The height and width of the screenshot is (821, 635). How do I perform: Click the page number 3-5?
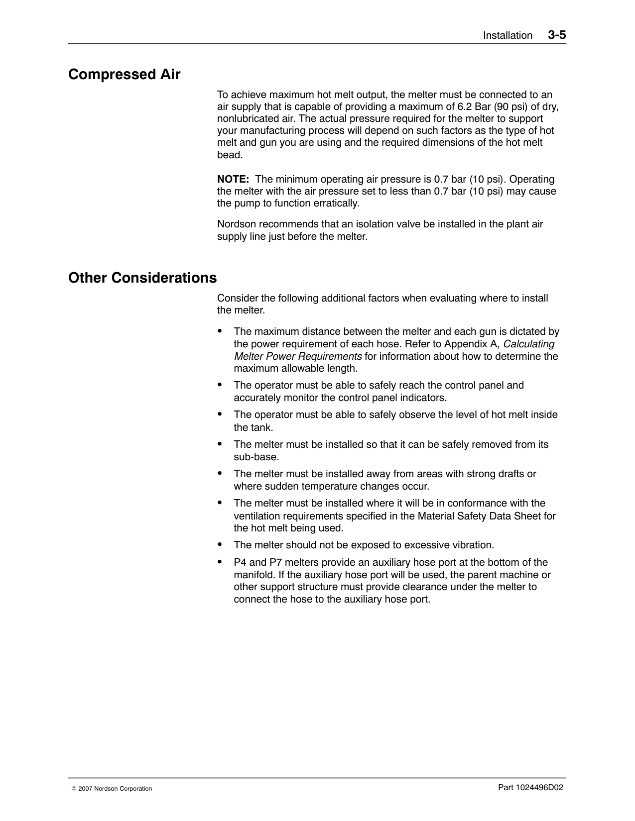coord(557,35)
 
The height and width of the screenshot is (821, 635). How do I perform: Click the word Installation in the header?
coord(508,35)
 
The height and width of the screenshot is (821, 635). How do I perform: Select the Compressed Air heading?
coord(124,75)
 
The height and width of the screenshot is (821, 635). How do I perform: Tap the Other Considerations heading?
coord(142,278)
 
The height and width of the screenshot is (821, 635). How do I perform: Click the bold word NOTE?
coord(233,179)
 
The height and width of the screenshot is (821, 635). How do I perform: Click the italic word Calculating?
coord(529,344)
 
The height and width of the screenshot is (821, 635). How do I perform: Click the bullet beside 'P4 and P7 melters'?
coord(220,561)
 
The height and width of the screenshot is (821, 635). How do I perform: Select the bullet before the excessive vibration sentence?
coord(220,544)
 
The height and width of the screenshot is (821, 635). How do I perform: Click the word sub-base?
coord(256,457)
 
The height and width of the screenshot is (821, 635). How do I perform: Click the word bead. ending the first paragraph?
coord(230,155)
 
